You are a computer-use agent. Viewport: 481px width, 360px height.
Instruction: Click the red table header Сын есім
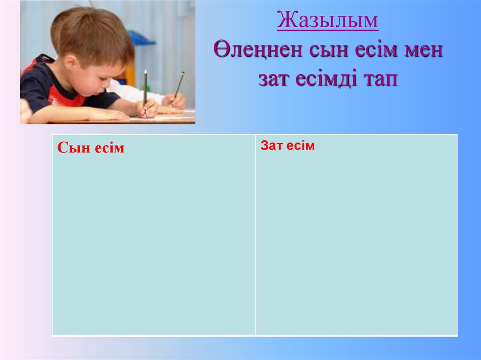click(91, 148)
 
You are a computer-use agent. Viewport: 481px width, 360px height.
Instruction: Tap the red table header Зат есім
click(287, 146)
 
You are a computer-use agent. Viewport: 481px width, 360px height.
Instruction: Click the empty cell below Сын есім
click(154, 244)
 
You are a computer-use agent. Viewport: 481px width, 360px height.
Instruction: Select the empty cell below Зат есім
click(356, 244)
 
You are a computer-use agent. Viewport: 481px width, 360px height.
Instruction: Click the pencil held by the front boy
click(145, 89)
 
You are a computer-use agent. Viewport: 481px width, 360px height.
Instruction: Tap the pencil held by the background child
click(178, 84)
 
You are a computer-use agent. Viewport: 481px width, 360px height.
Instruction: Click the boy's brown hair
click(94, 33)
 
